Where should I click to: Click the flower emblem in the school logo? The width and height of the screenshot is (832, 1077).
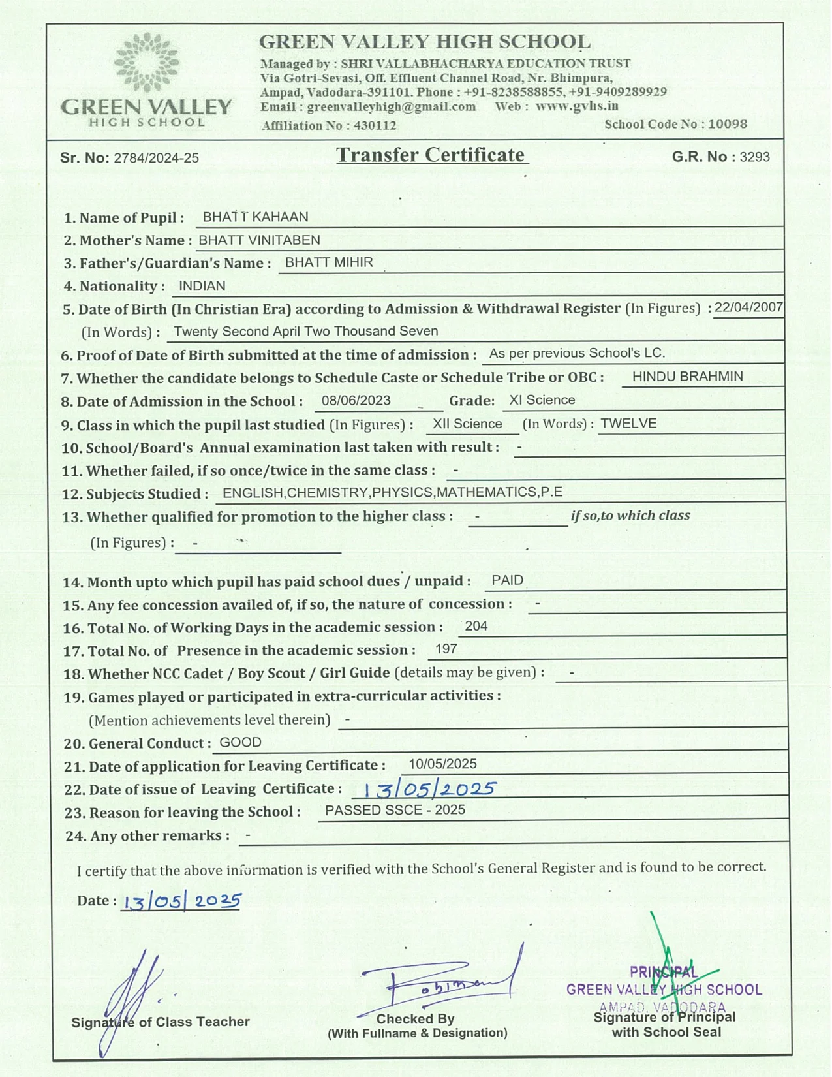146,63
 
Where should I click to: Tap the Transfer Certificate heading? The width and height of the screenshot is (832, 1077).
431,155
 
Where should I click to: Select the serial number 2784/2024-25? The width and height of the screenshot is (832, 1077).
156,158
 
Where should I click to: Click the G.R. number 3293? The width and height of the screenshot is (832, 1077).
754,157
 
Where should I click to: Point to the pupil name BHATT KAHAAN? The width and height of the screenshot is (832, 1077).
255,217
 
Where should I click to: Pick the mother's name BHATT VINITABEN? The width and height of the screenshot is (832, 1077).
259,240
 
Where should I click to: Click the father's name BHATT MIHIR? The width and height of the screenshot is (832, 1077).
329,262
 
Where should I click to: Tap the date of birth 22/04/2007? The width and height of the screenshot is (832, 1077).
748,307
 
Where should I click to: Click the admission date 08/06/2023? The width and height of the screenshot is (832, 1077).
356,401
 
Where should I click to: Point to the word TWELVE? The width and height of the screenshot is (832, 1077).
628,424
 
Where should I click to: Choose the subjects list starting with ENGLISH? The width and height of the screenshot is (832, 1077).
392,493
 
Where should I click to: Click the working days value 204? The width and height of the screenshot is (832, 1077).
476,627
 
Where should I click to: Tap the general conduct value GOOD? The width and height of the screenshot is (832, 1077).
240,743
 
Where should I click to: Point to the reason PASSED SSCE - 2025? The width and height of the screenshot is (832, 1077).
395,811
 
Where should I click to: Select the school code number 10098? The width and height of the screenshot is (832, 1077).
728,124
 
